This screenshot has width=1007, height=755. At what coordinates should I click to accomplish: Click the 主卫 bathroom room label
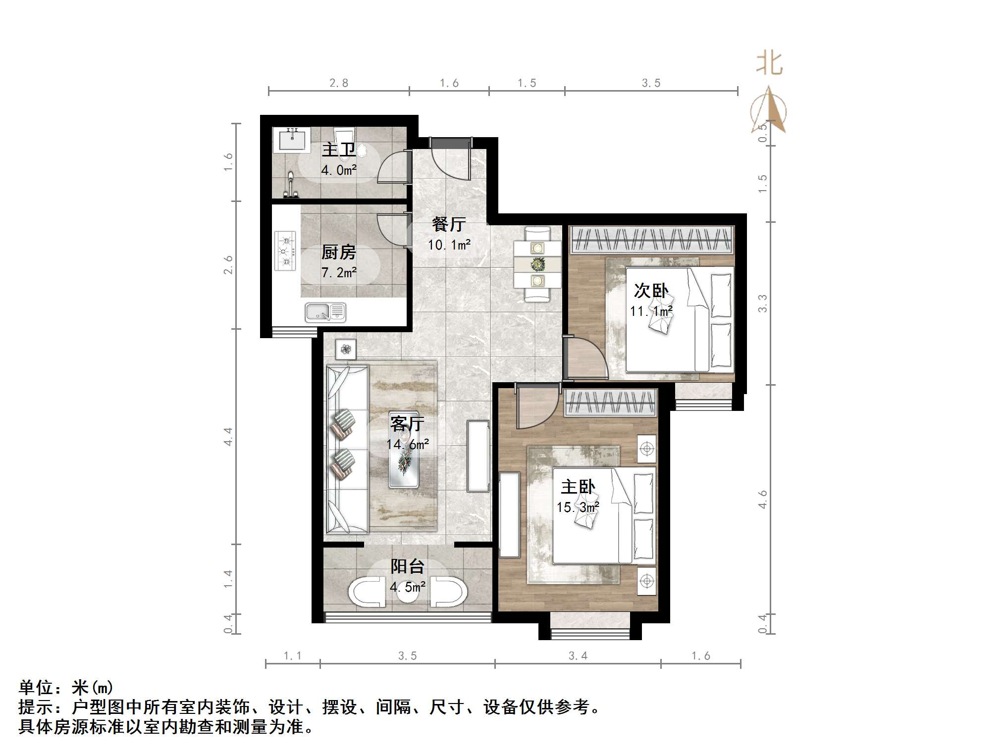(339, 150)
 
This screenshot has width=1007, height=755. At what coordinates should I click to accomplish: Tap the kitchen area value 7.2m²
(339, 272)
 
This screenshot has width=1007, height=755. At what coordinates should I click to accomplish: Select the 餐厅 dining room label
(449, 224)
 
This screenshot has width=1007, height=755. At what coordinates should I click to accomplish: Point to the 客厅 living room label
(407, 424)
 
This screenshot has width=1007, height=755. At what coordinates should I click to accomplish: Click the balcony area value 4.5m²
(407, 587)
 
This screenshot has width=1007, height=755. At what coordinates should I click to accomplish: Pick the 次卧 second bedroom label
(651, 291)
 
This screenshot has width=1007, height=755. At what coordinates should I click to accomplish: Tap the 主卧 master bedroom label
(578, 487)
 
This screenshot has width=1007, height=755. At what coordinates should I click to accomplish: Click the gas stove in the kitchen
(285, 251)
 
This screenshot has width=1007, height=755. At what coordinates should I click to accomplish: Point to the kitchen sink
(325, 312)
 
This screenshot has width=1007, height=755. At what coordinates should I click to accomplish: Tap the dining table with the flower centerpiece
(537, 264)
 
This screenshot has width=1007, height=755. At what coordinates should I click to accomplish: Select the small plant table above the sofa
(346, 350)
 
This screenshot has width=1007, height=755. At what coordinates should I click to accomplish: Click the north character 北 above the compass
(769, 64)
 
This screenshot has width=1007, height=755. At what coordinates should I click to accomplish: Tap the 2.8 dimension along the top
(339, 83)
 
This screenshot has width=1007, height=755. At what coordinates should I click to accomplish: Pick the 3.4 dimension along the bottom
(578, 656)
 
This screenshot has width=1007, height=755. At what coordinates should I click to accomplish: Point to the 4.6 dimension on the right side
(763, 499)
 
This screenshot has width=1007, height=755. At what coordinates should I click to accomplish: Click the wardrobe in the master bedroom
(610, 402)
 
